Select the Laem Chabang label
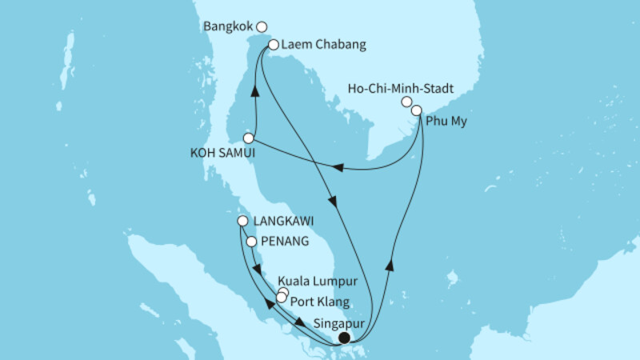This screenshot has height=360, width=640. click(x=324, y=45)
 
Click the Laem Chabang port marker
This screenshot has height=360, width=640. click(x=274, y=46)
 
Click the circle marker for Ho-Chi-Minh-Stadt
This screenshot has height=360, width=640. click(x=406, y=102)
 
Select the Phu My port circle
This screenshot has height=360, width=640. click(x=416, y=110)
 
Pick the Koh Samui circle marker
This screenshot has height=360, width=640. click(x=248, y=138)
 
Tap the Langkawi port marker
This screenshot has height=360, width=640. click(x=242, y=222)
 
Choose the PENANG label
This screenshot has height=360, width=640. click(x=286, y=241)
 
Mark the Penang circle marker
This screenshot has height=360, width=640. click(x=252, y=241)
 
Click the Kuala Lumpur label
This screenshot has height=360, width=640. click(x=316, y=282)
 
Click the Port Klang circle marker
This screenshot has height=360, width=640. click(x=281, y=298)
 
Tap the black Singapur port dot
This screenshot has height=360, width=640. click(x=345, y=338)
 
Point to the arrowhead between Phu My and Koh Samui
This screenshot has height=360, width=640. click(x=338, y=168)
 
